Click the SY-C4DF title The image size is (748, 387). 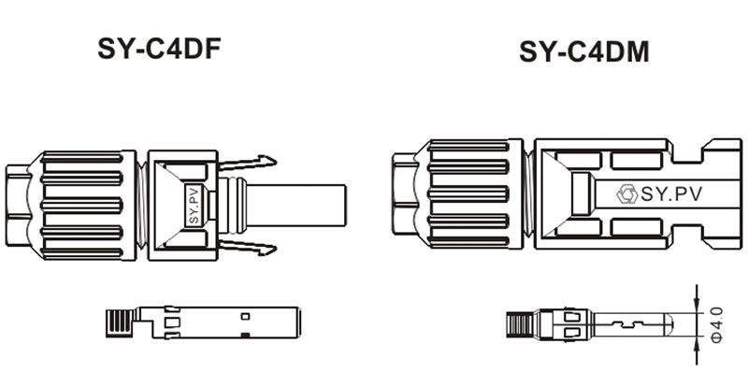point(159,49)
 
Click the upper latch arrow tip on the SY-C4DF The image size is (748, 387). point(270,161)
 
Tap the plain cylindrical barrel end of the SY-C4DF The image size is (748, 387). point(304,203)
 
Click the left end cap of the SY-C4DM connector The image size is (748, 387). point(402,194)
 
